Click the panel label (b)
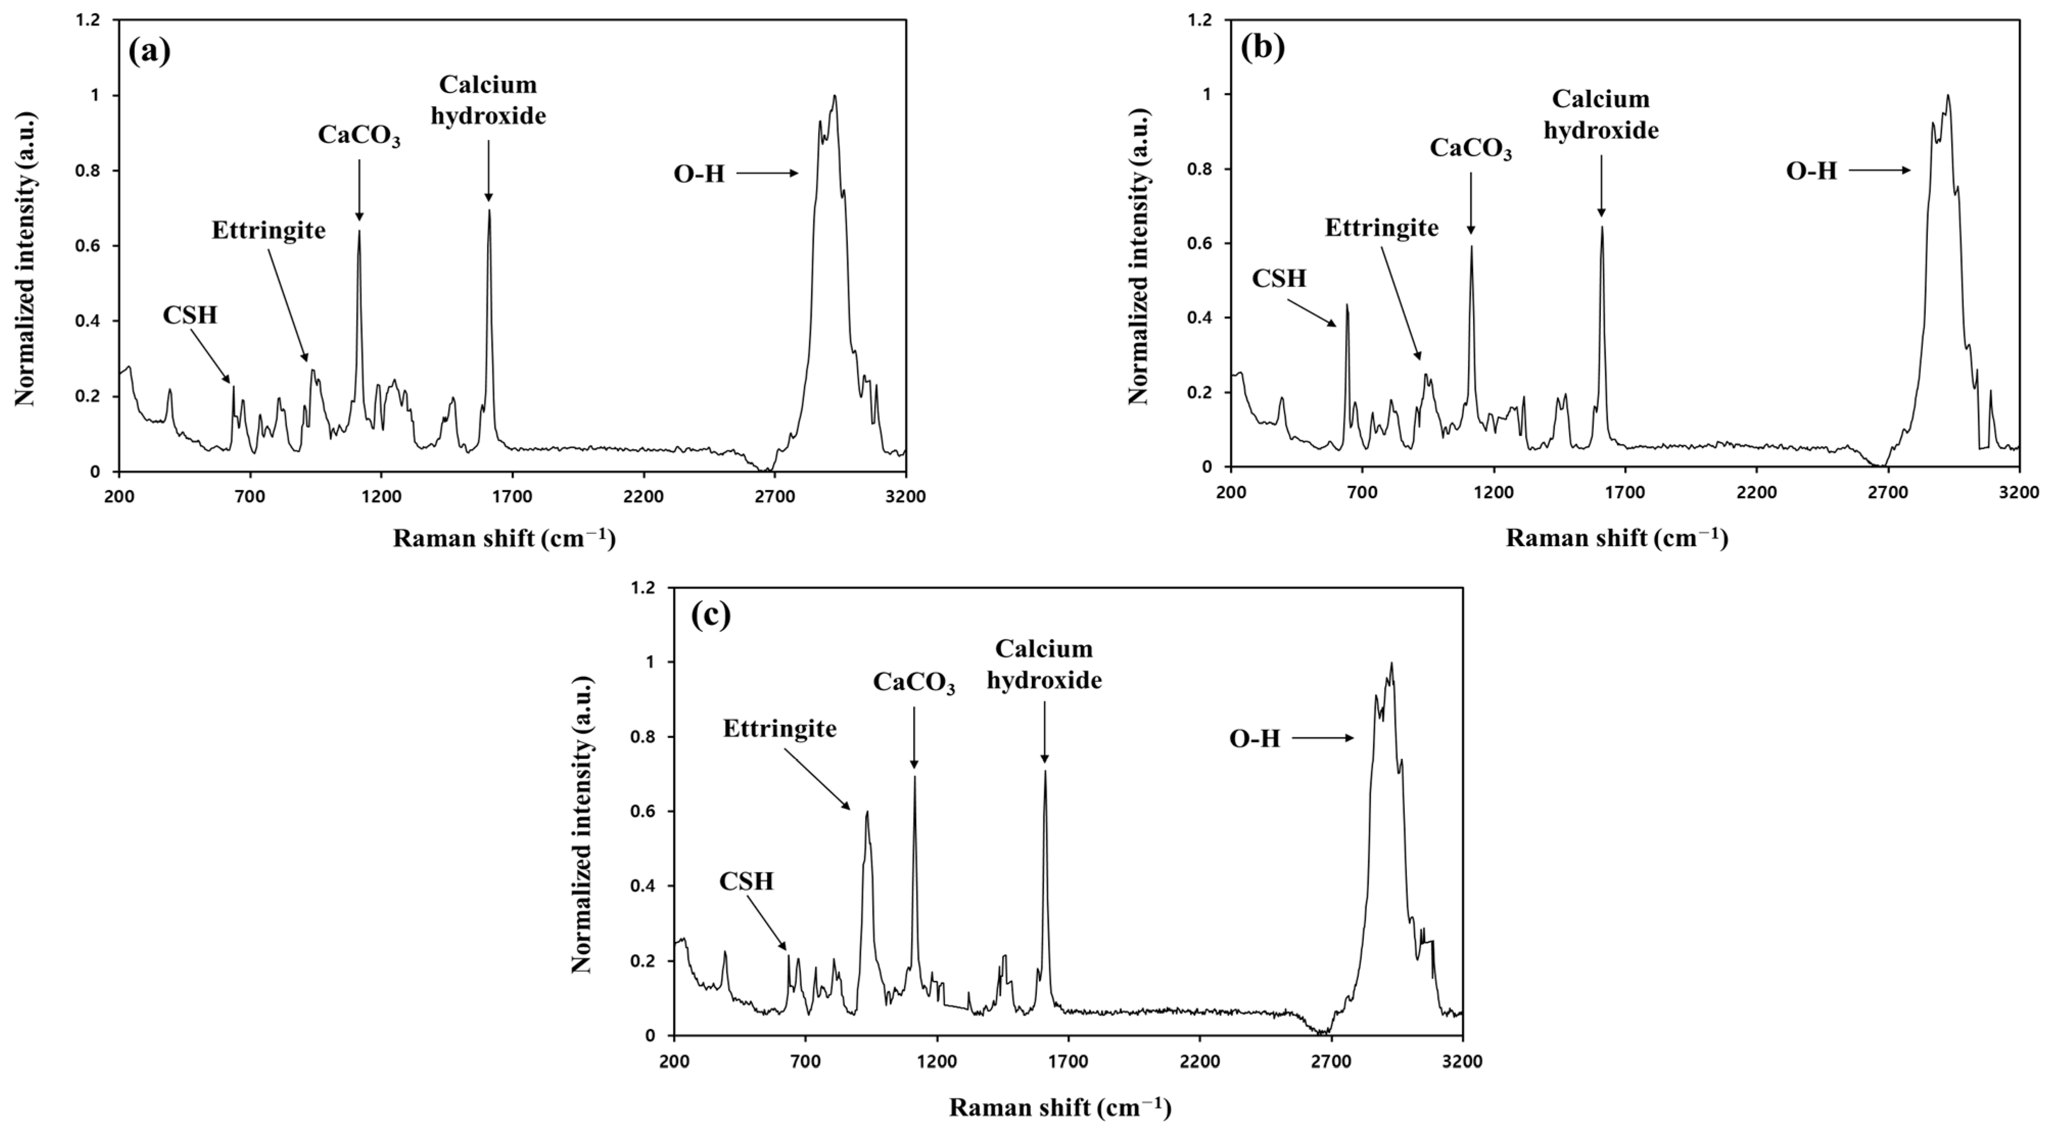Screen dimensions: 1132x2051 click(x=1263, y=48)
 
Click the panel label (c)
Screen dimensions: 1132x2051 click(x=711, y=616)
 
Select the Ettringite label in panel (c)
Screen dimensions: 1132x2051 click(x=780, y=728)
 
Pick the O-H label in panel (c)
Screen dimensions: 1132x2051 click(x=1255, y=739)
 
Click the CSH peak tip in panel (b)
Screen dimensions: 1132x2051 click(x=1347, y=305)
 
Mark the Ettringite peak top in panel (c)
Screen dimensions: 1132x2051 click(x=867, y=812)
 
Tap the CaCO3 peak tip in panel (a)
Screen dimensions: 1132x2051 click(x=359, y=231)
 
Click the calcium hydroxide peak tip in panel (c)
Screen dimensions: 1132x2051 click(x=1045, y=771)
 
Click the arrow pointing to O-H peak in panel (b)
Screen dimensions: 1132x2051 click(x=1879, y=170)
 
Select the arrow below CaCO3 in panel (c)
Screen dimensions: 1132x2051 click(x=914, y=738)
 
